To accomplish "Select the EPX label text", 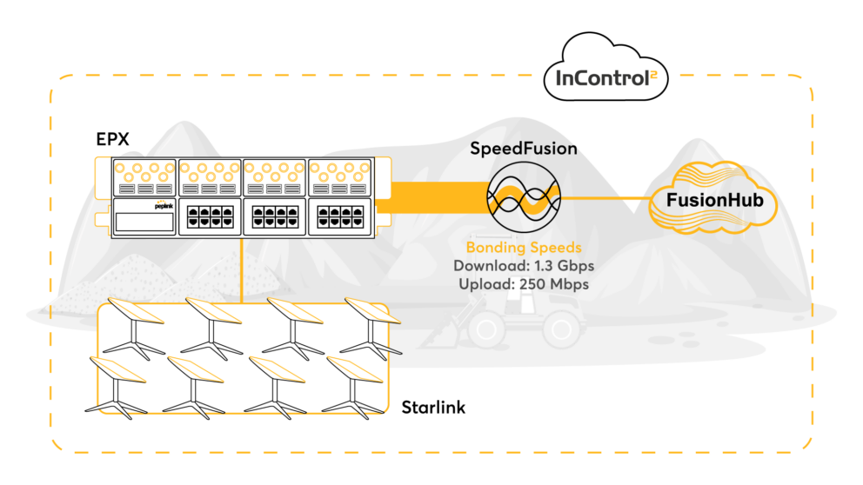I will point(112,139).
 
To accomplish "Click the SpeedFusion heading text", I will point(524,148).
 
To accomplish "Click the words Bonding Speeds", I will point(523,249).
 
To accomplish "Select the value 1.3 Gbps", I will point(562,267).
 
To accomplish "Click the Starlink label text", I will point(433,407).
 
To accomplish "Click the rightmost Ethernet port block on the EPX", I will point(341,216).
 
